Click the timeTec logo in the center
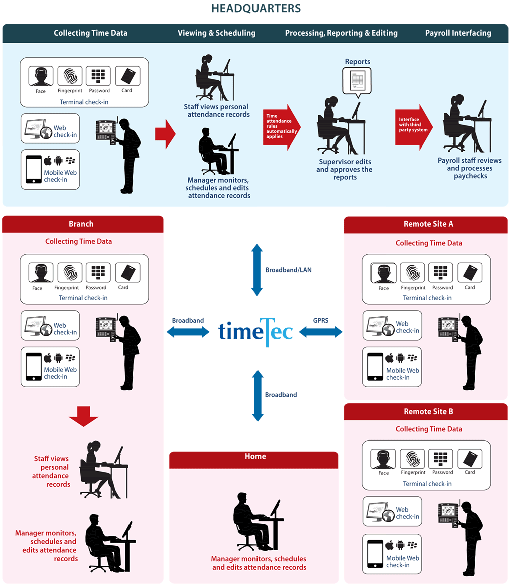pos(255,332)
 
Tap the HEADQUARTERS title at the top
pos(256,8)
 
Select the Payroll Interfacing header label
pos(458,33)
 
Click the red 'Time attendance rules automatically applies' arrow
pos(282,127)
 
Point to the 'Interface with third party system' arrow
pos(414,127)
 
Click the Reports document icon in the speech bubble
pos(357,80)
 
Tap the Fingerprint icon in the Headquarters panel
pos(70,76)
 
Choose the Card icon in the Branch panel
pos(127,273)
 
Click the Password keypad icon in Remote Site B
pos(440,459)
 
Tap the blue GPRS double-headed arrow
pos(321,332)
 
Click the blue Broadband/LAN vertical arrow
pos(257,270)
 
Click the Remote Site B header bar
pos(426,412)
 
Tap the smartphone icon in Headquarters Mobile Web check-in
pos(34,169)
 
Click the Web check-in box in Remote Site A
pos(392,325)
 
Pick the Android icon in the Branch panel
pos(59,358)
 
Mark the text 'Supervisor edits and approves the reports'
pos(345,169)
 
